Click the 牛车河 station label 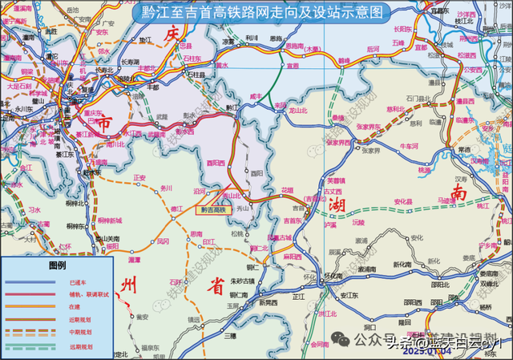pos(409,146)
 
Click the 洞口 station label pos(370,328)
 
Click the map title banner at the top pos(256,13)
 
